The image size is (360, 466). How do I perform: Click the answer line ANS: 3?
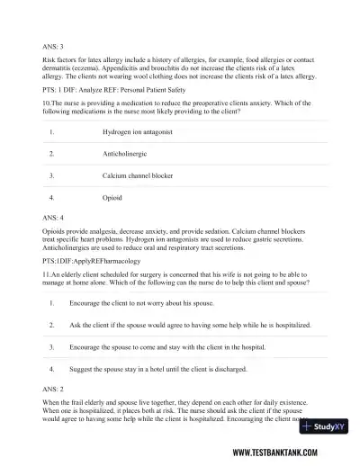52,44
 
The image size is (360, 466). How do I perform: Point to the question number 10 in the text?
47,103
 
